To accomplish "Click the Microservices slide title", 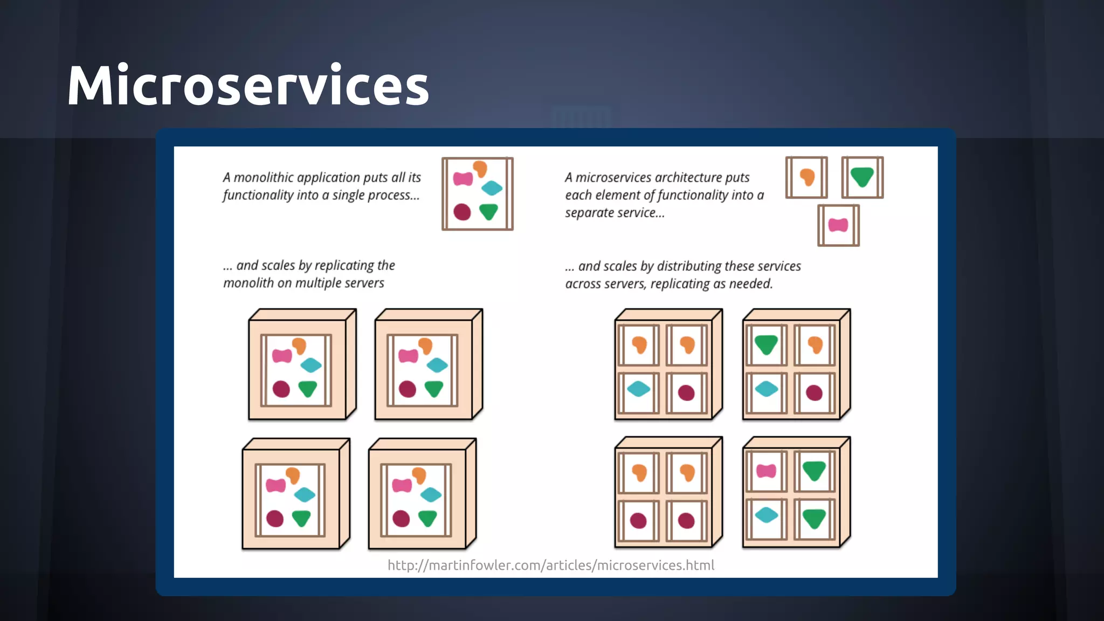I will [248, 85].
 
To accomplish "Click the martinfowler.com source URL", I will [551, 565].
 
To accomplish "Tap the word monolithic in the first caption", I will [264, 177].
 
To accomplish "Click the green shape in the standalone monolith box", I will [488, 211].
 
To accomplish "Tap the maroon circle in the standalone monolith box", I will [462, 212].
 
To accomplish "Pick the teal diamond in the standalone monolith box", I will [492, 188].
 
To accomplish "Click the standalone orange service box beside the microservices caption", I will [806, 177].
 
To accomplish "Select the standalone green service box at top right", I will [862, 177].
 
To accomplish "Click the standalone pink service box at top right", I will [838, 225].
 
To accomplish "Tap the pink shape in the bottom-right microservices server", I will [766, 471].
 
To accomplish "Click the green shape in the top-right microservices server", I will [766, 344].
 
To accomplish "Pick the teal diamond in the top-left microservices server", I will [639, 389].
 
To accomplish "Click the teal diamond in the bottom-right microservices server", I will [766, 515].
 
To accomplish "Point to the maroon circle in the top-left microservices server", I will [686, 392].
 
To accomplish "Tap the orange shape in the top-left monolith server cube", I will [299, 346].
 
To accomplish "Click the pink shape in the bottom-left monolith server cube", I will [275, 485].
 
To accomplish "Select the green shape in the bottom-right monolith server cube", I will [427, 518].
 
